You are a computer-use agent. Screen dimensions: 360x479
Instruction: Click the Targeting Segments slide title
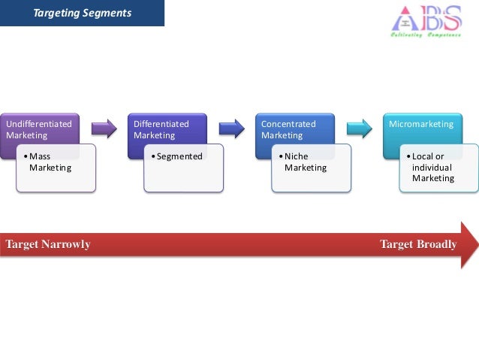coord(83,13)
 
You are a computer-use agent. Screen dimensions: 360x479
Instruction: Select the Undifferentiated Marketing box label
coord(39,129)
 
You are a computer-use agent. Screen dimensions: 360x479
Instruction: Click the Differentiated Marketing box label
coord(161,129)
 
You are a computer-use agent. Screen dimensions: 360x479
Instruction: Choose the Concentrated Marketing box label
coord(288,129)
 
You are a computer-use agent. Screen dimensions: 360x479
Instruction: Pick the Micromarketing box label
coord(421,124)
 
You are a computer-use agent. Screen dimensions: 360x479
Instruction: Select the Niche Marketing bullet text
coord(306,162)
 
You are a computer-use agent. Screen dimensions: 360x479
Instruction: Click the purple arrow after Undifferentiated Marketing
coord(104,129)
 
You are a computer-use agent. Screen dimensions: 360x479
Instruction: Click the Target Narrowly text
coord(48,244)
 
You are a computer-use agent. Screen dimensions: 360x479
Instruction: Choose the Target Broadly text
coord(418,244)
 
